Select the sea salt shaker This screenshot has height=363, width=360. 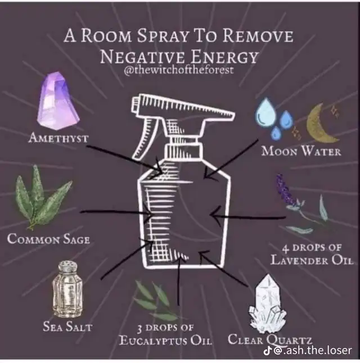pos(67,289)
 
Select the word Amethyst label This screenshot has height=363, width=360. pos(58,138)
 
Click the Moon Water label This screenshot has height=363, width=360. pos(301,151)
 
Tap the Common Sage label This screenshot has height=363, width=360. pos(48,238)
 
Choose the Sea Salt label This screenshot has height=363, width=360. pos(67,326)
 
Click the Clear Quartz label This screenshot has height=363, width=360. pos(270,340)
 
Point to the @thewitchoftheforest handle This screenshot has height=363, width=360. pos(178,70)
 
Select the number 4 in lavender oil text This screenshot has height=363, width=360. pos(286,248)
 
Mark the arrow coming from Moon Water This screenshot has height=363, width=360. pos(231,159)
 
